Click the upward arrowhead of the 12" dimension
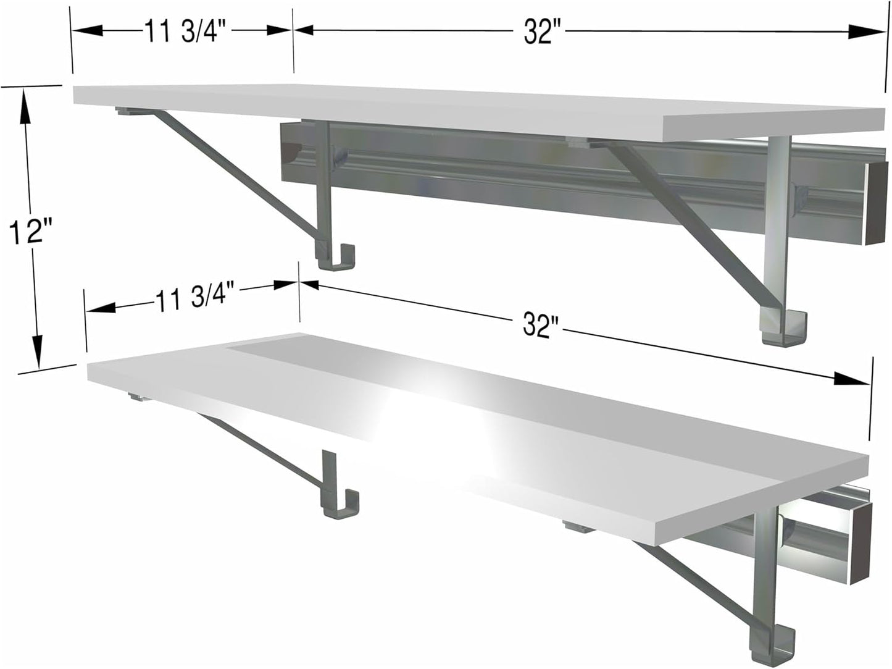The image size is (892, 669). (25, 102)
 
